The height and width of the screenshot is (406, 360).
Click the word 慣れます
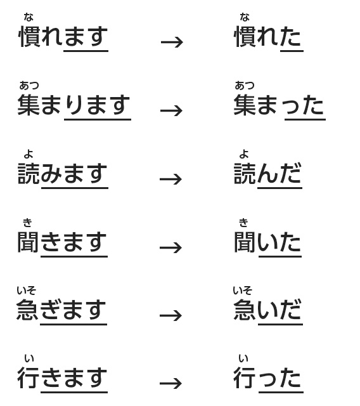pyautogui.click(x=63, y=37)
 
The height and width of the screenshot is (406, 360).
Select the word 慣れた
pyautogui.click(x=267, y=37)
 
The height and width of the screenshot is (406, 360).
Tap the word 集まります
pyautogui.click(x=74, y=105)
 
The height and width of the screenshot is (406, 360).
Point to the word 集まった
pyautogui.click(x=279, y=105)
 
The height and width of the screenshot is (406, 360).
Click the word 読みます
pyautogui.click(x=63, y=173)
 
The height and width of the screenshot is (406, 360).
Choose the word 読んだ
pyautogui.click(x=267, y=173)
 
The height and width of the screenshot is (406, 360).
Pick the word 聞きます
pyautogui.click(x=62, y=242)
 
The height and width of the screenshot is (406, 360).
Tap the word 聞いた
pyautogui.click(x=267, y=242)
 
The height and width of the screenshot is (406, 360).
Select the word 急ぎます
pyautogui.click(x=61, y=310)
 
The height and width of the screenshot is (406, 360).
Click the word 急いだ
pyautogui.click(x=267, y=310)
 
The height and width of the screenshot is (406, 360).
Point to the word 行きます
pyautogui.click(x=62, y=377)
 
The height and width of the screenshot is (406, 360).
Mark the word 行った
pyautogui.click(x=267, y=377)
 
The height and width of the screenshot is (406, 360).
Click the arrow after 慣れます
pyautogui.click(x=172, y=42)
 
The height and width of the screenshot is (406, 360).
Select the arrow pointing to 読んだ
pyautogui.click(x=171, y=179)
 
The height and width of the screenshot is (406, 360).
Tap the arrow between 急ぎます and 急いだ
pyautogui.click(x=171, y=315)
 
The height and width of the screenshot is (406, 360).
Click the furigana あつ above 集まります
pyautogui.click(x=29, y=85)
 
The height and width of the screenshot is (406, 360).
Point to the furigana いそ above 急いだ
pyautogui.click(x=242, y=291)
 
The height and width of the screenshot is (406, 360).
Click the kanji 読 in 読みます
pyautogui.click(x=29, y=173)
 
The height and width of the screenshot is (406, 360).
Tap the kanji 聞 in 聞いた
pyautogui.click(x=245, y=242)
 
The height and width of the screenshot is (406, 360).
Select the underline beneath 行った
pyautogui.click(x=281, y=393)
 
